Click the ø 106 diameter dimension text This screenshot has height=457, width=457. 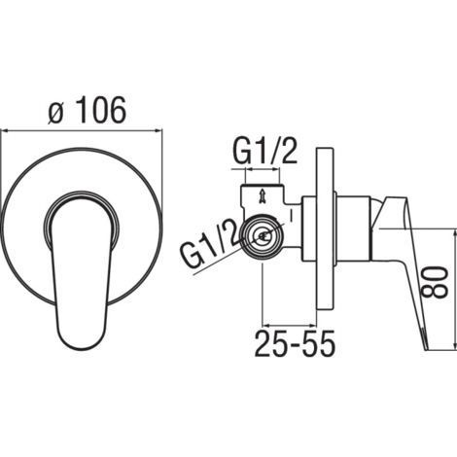[x=87, y=110]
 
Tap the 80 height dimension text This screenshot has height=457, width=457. [x=435, y=282]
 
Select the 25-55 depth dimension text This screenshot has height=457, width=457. [x=295, y=343]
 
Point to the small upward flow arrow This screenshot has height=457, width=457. [x=261, y=197]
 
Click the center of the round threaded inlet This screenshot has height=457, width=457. [x=264, y=235]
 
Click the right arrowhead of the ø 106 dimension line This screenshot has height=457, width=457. [x=158, y=130]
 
